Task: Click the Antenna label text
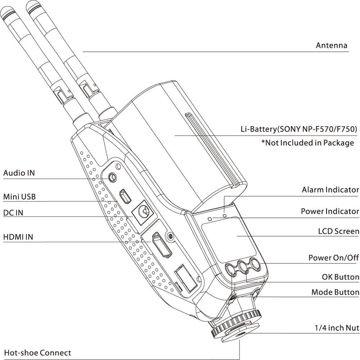coord(331,45)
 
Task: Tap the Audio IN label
coord(19,173)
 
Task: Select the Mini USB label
coord(19,197)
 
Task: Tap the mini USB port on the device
coord(126,196)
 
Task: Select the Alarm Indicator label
coord(330,190)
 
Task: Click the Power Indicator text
coord(330,211)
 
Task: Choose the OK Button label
coord(340,277)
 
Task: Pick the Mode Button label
coord(335,292)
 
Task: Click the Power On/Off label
coord(333,258)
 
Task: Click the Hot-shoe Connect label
coord(37,352)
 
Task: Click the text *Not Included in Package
coord(307,143)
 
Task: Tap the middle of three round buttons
coord(243,267)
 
